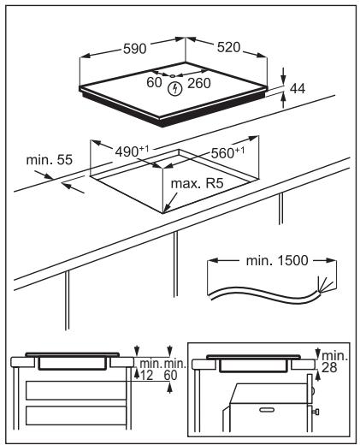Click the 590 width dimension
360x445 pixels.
click(x=135, y=49)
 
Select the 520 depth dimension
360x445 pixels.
click(x=228, y=47)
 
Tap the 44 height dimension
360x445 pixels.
click(x=298, y=89)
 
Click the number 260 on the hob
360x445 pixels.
click(x=199, y=83)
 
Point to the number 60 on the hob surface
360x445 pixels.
click(x=154, y=82)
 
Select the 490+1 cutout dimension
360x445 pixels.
click(x=132, y=151)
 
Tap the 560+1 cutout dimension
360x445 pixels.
click(x=227, y=152)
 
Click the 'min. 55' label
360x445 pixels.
click(x=50, y=160)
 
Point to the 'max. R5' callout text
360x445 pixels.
click(x=197, y=183)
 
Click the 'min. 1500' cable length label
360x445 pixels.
click(x=277, y=261)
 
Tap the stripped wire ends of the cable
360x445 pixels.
click(x=323, y=285)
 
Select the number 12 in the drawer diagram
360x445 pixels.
click(x=147, y=376)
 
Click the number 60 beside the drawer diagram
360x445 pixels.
click(x=170, y=376)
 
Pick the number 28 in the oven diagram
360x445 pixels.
click(x=329, y=368)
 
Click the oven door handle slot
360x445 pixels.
click(x=267, y=410)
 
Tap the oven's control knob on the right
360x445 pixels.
click(x=316, y=412)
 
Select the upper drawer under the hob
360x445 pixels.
click(x=76, y=390)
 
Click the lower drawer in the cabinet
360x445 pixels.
click(x=76, y=416)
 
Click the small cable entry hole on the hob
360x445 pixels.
click(x=173, y=76)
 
